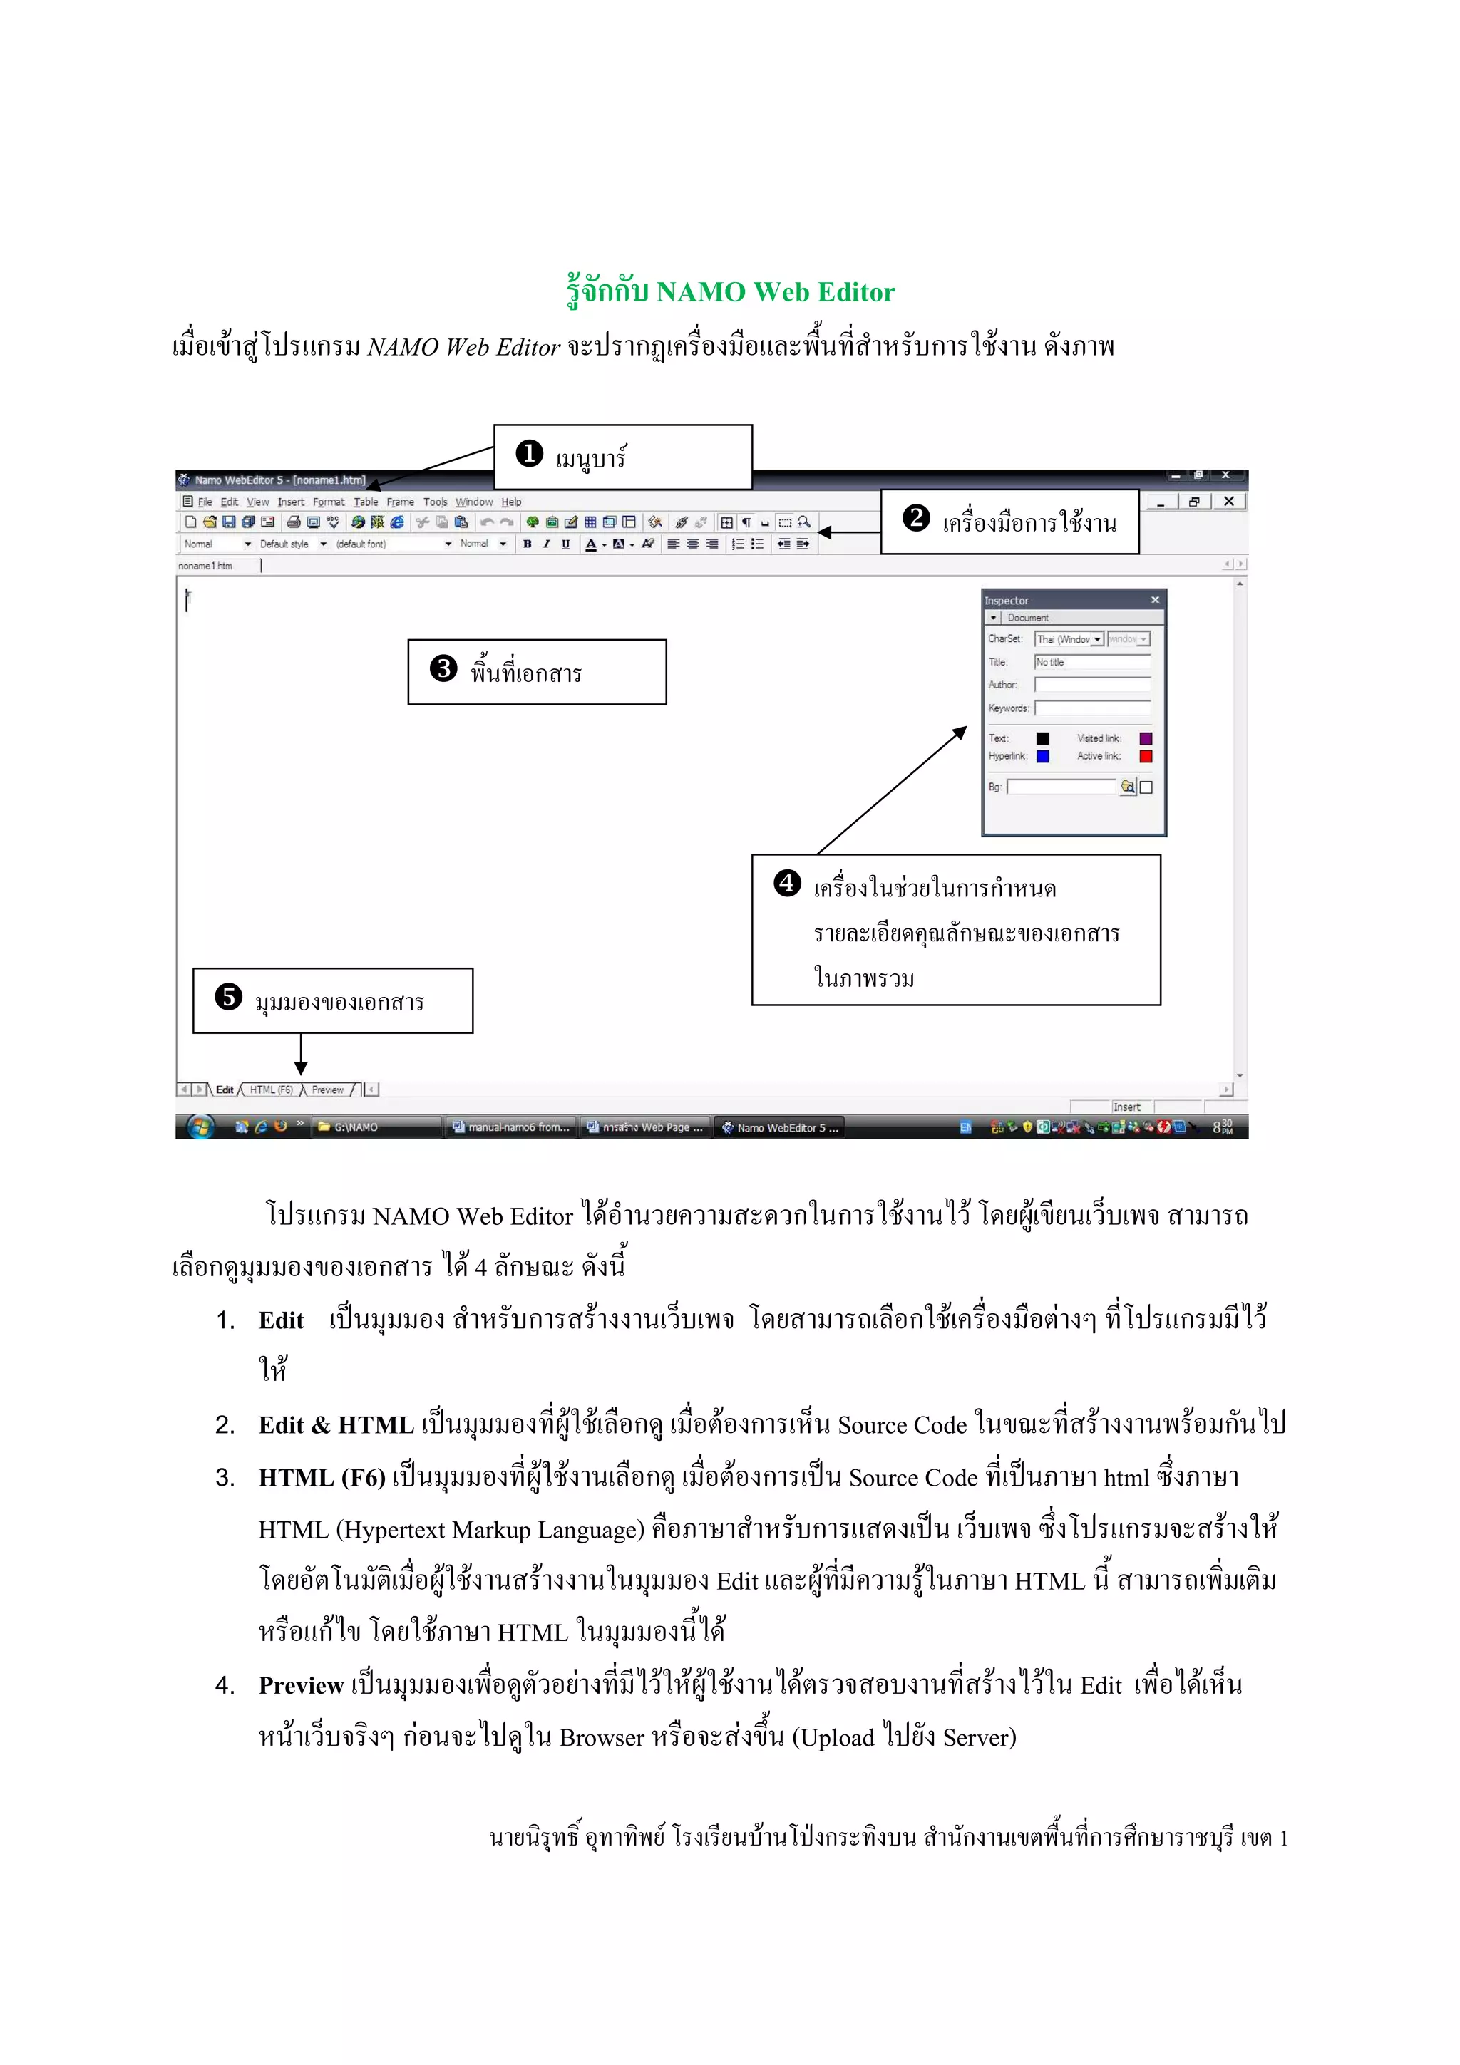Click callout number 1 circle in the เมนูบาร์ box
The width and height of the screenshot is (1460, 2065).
click(529, 452)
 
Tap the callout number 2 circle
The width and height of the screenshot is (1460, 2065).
click(916, 518)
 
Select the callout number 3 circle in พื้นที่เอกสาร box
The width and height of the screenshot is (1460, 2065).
click(443, 668)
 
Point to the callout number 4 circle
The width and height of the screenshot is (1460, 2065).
click(787, 883)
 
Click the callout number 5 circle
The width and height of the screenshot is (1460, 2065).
click(229, 998)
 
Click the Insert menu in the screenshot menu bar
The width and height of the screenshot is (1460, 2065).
click(291, 502)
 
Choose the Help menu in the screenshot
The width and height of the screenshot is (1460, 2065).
click(511, 502)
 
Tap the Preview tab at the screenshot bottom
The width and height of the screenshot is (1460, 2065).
click(327, 1090)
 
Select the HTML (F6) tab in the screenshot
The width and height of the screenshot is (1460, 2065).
click(271, 1090)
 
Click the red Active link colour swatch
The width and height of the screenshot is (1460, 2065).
click(1145, 757)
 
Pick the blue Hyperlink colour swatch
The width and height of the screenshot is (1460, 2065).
click(1042, 757)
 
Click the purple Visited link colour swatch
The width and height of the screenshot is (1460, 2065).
click(1145, 738)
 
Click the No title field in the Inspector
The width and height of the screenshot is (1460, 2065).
click(1091, 662)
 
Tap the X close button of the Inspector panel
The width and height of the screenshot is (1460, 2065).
click(1155, 600)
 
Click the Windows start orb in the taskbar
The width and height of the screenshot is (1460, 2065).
click(200, 1127)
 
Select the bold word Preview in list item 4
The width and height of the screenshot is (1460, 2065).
click(300, 1685)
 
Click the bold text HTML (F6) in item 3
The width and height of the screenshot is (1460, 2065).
click(321, 1478)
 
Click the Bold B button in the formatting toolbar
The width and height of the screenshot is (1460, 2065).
click(527, 544)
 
